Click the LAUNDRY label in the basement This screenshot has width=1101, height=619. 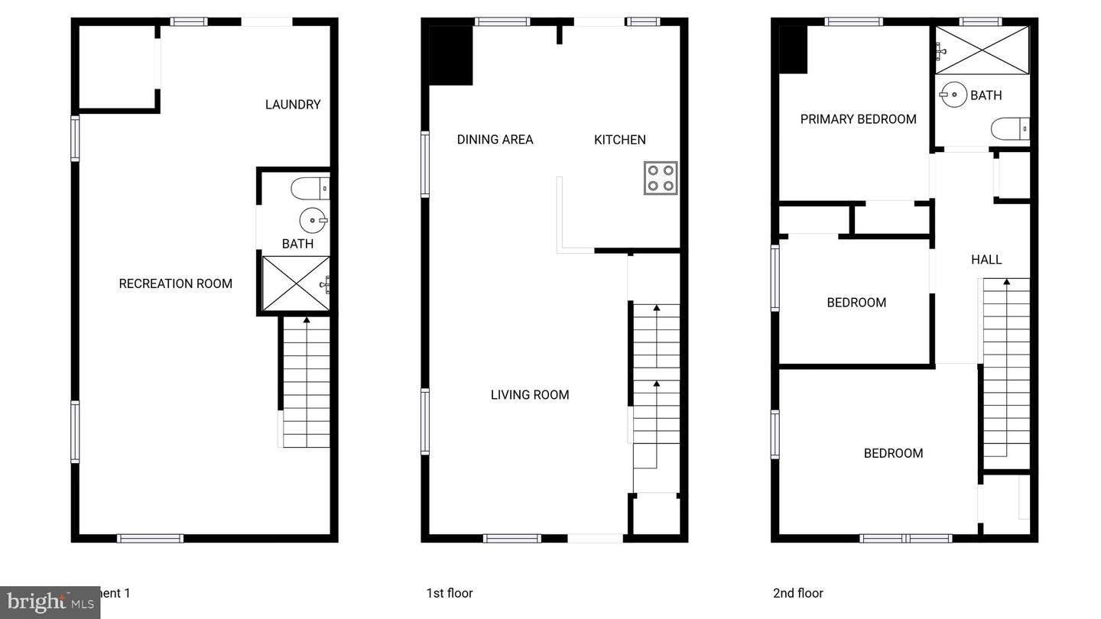pos(292,105)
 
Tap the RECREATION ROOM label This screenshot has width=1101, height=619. pos(175,284)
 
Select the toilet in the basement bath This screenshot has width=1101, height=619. pos(310,188)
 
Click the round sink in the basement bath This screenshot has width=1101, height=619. pos(312,220)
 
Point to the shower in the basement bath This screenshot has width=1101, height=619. pos(296,284)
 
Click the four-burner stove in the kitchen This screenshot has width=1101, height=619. pos(660,178)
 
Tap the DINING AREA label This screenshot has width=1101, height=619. pos(495,139)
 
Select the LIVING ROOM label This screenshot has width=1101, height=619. pos(529,394)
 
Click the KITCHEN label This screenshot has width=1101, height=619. pos(619,139)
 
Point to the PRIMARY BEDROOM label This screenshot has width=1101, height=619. pos(858,119)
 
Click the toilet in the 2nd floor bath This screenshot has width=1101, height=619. pos(1009,129)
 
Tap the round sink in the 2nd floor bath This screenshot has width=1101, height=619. pos(953,95)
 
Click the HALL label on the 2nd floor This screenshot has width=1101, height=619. pos(986,260)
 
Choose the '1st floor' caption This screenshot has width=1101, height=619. pos(450,593)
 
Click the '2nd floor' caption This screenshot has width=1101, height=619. pos(797,593)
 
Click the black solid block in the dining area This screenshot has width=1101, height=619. pos(450,56)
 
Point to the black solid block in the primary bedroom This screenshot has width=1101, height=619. pos(793,50)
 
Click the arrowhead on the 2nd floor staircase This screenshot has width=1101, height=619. pos(1006,283)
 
